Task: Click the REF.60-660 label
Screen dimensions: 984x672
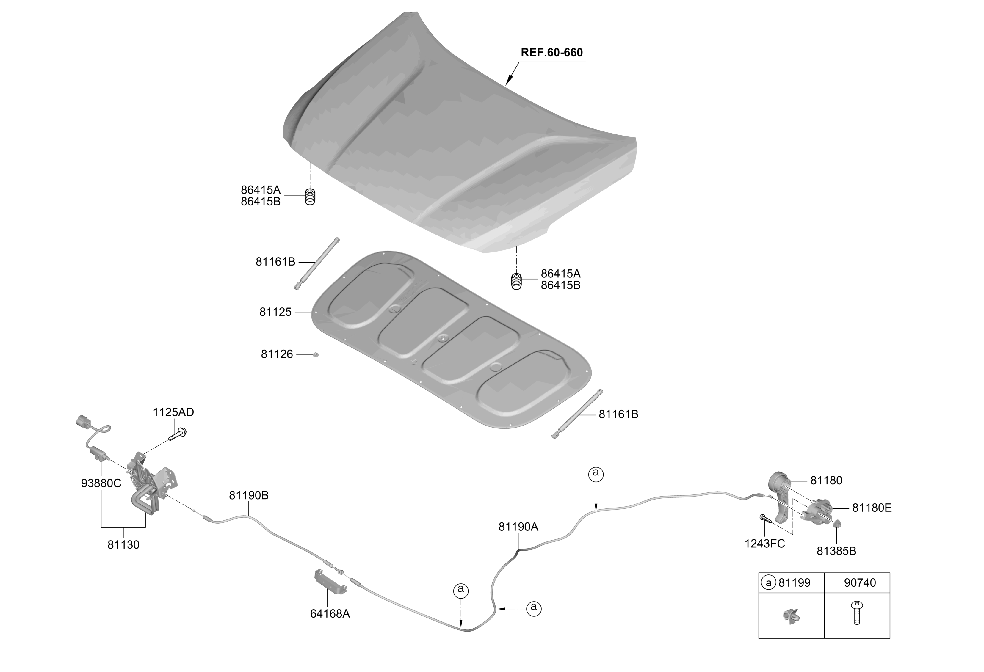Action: coord(551,52)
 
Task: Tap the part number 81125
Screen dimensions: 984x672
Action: coord(275,312)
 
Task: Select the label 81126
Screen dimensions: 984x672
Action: coord(276,354)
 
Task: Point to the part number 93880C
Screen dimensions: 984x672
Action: coord(101,483)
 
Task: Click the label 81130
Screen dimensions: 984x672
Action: coord(123,545)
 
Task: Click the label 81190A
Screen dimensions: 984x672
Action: coord(518,527)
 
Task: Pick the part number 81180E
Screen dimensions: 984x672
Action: coord(872,508)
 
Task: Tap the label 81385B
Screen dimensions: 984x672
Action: coord(836,551)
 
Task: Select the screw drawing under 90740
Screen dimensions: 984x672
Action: coord(857,612)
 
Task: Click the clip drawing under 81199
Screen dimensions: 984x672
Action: coord(791,615)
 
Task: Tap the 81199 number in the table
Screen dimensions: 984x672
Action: coord(794,583)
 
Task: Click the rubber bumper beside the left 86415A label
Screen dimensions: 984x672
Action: coord(310,197)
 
